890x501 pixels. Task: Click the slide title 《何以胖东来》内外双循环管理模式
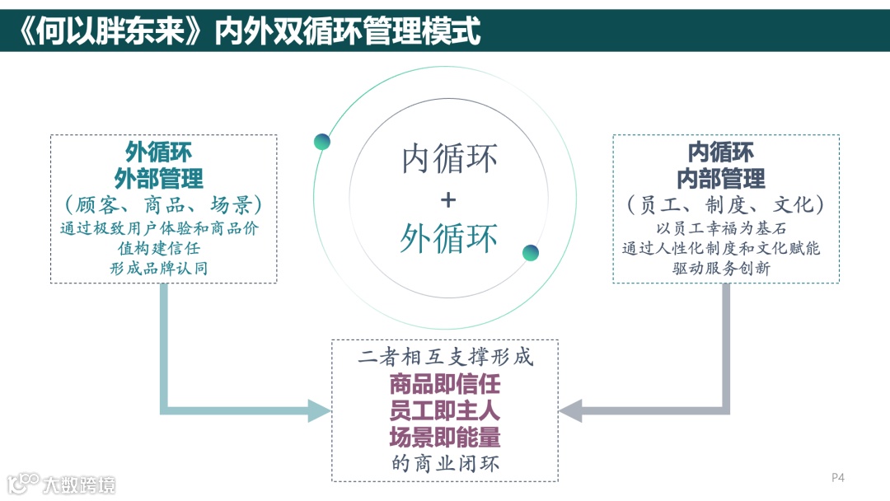coord(247,30)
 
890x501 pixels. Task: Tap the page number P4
coord(838,477)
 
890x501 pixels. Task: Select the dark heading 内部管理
coord(721,178)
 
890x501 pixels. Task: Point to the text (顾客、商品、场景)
coord(163,204)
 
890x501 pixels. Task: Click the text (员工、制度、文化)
coord(725,204)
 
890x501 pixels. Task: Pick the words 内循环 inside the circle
coord(449,159)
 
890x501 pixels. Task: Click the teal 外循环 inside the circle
coord(449,238)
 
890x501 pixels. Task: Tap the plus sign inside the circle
coord(447,199)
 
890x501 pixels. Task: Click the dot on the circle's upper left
coord(322,142)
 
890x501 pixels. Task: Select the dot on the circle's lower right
coord(531,252)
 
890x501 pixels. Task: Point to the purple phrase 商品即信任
coord(445,384)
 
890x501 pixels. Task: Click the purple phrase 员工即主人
coord(445,410)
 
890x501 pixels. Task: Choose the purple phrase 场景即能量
coord(445,436)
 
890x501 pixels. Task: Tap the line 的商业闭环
coord(445,463)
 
